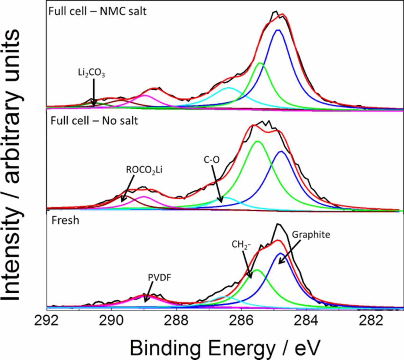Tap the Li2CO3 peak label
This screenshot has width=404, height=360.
tap(92, 73)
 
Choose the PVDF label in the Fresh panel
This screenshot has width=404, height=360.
tap(157, 278)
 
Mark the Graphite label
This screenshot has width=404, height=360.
tap(311, 235)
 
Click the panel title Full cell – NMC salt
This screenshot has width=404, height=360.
tap(98, 11)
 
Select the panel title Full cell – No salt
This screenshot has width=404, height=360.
tap(94, 121)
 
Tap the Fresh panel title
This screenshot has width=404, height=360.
tap(65, 220)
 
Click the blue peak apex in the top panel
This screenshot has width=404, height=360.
tap(278, 30)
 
